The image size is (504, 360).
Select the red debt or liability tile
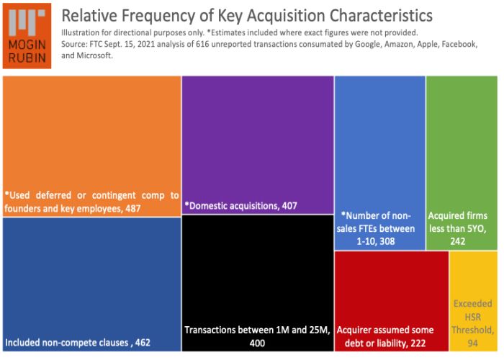coord(391,302)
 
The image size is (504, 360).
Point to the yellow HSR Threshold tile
coord(473,302)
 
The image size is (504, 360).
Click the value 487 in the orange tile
coord(131,209)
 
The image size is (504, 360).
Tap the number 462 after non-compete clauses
coord(143,342)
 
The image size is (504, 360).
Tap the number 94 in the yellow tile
coord(473,343)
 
